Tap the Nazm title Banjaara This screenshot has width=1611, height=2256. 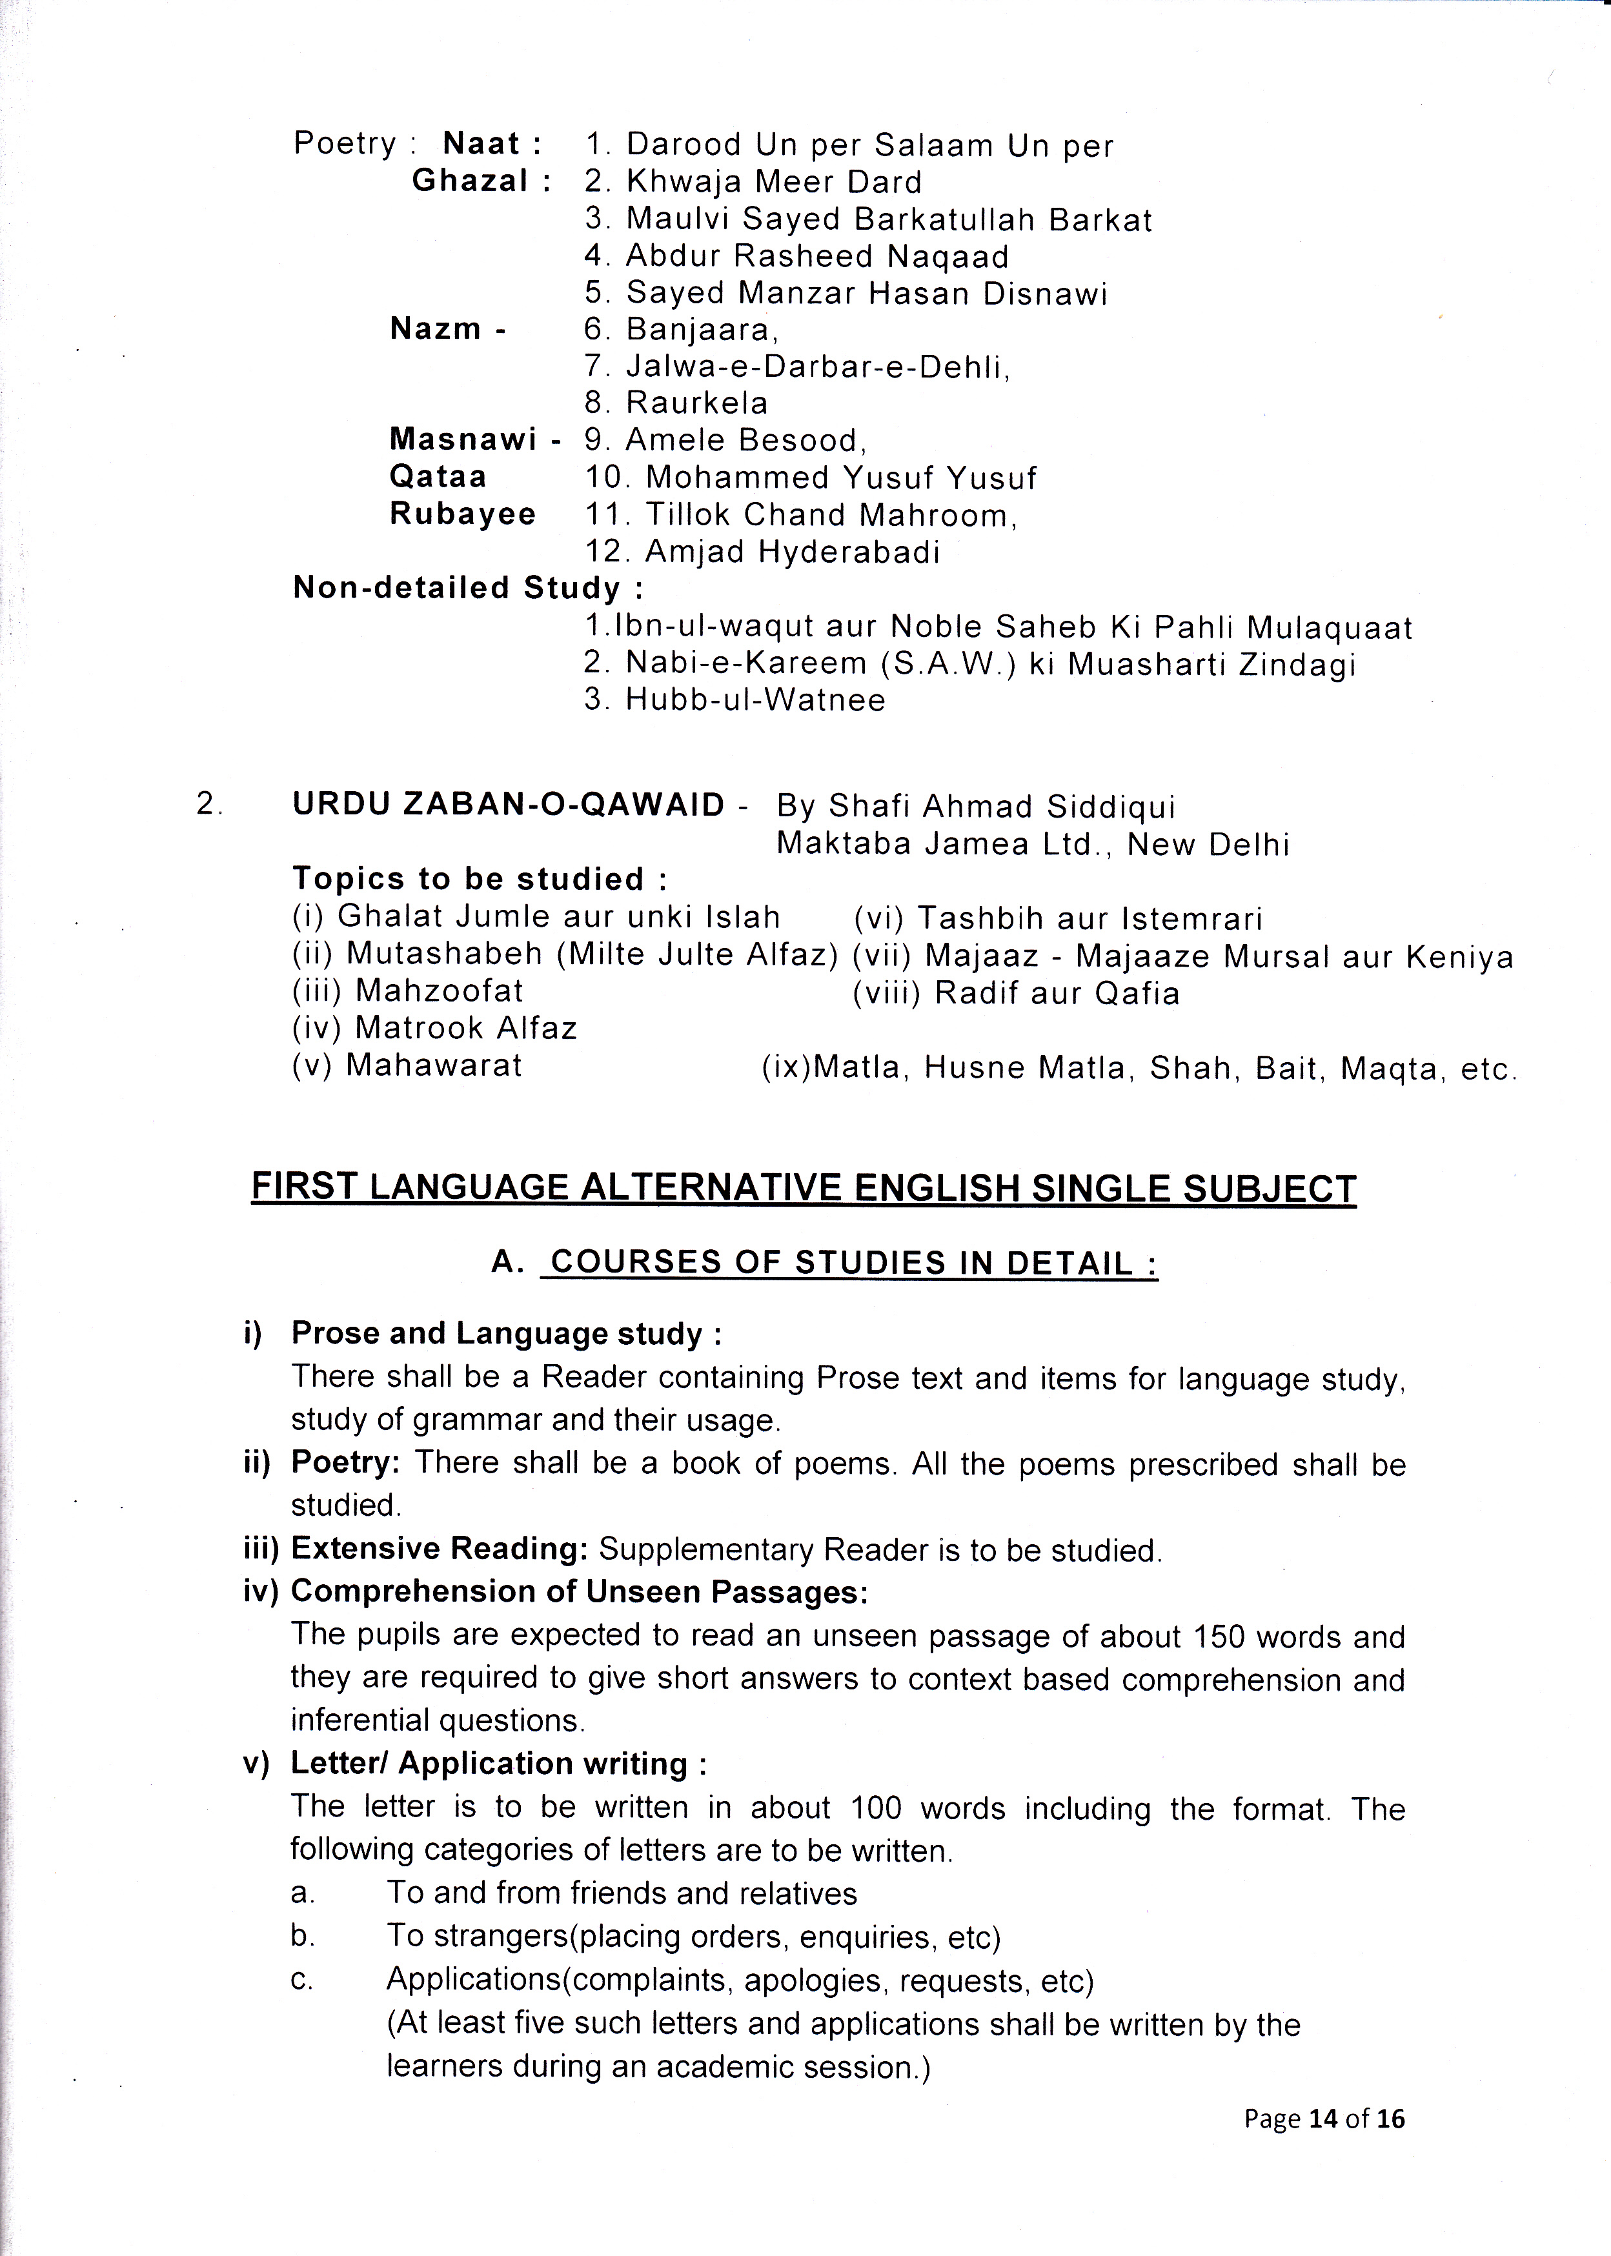point(702,329)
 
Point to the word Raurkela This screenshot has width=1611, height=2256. point(696,403)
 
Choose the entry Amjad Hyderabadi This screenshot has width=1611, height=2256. point(791,551)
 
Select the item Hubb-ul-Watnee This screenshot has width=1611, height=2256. point(755,700)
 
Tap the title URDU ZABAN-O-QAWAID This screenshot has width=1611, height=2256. point(509,805)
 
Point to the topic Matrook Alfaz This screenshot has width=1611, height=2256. point(465,1029)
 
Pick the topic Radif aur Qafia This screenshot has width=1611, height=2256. point(1057,994)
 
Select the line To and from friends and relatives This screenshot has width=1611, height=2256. point(621,1893)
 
